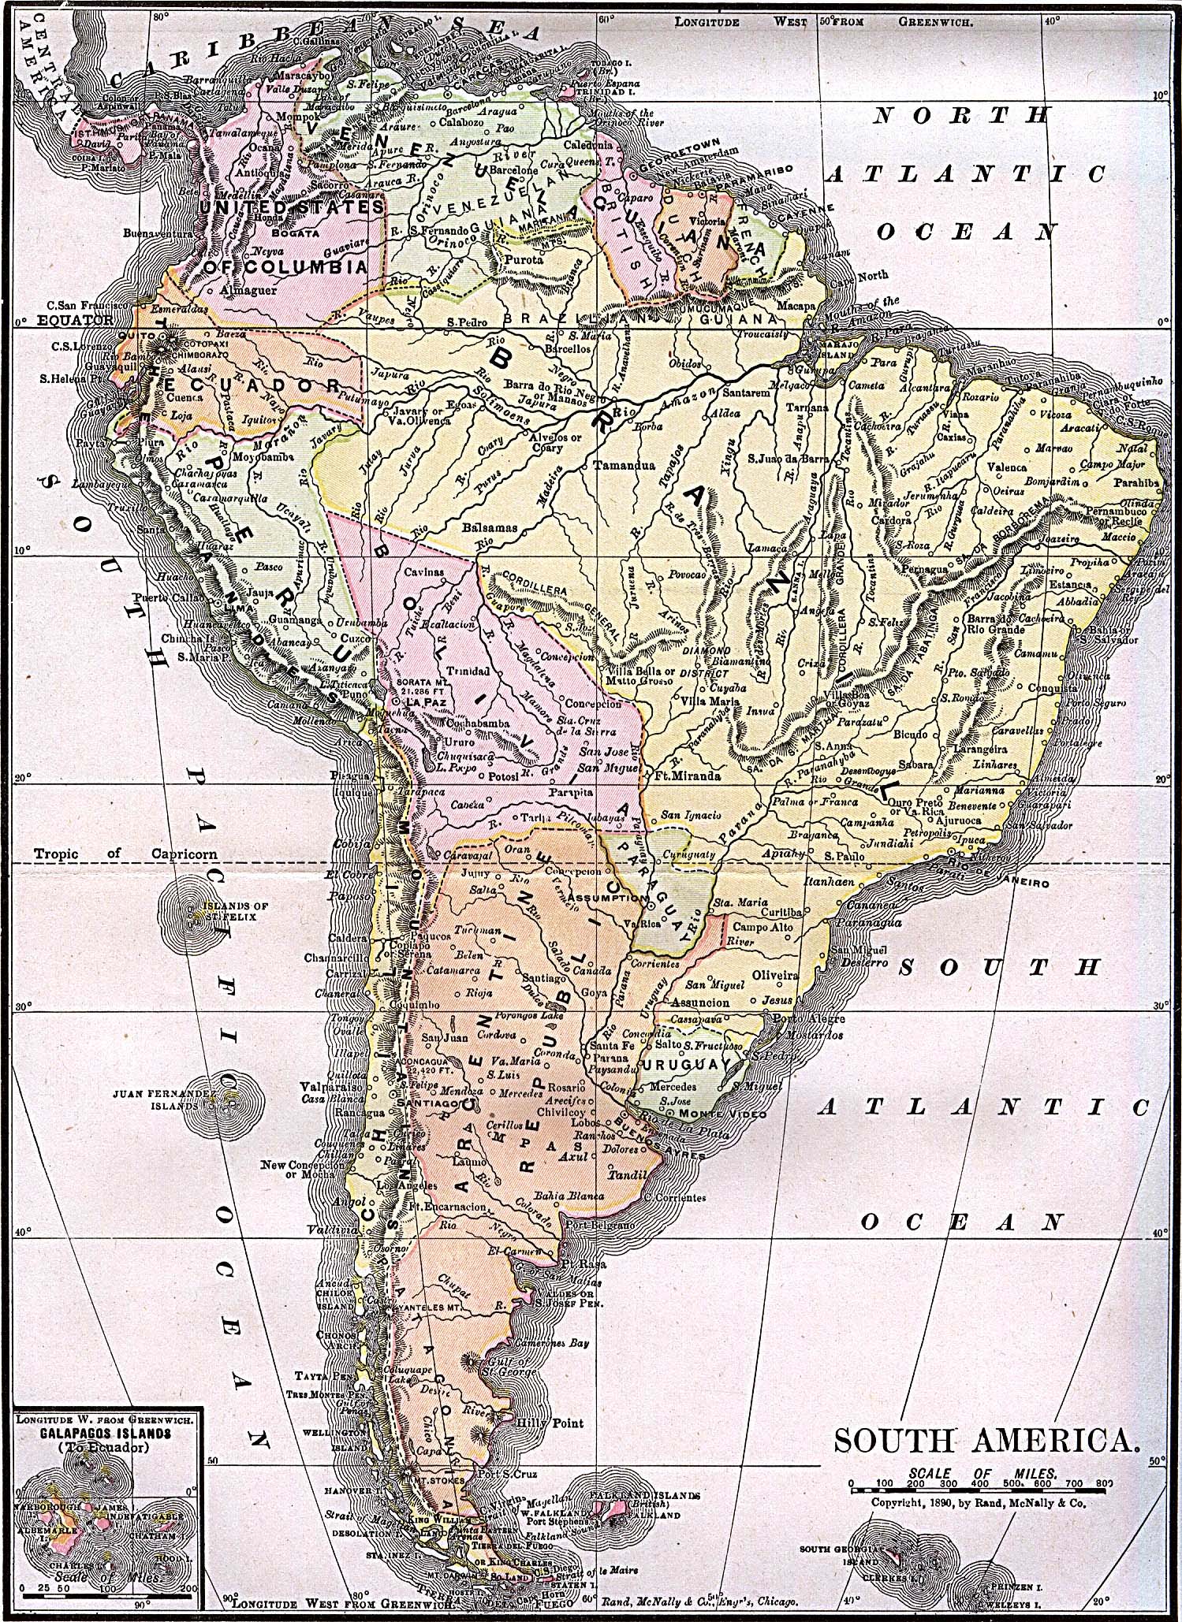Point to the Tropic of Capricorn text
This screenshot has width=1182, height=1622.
coord(126,854)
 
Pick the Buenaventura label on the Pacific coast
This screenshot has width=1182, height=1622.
coord(158,234)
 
